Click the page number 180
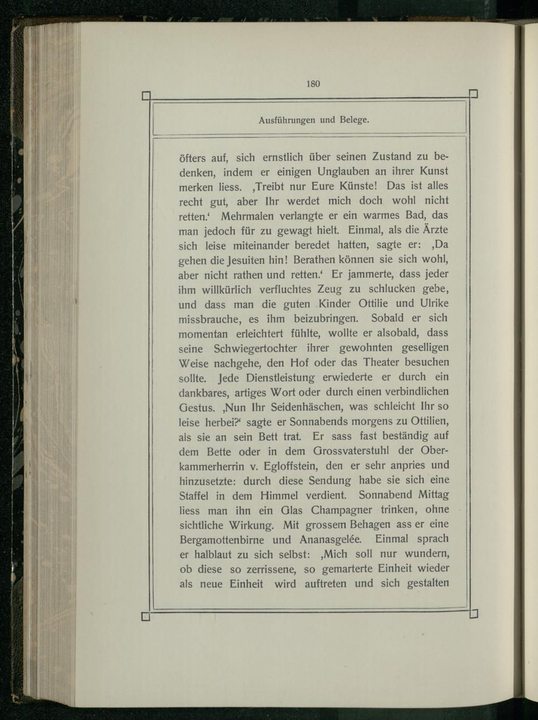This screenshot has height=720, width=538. (313, 83)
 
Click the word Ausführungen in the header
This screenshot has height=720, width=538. (287, 120)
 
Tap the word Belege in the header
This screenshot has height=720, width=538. (352, 120)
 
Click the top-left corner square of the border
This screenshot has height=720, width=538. (145, 97)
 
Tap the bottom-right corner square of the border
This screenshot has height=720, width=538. (474, 614)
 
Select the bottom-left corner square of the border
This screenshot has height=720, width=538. (145, 616)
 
